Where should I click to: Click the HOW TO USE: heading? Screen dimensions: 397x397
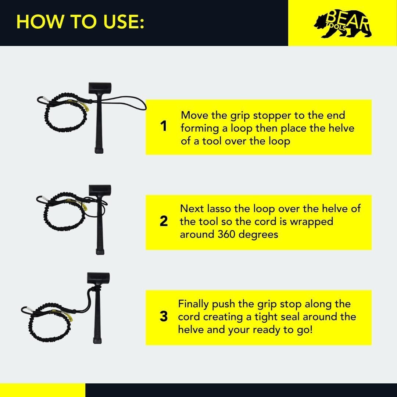click(80, 22)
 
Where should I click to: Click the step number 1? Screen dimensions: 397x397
click(164, 127)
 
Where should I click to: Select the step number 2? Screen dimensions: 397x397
click(164, 222)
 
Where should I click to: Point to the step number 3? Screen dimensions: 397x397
click(164, 317)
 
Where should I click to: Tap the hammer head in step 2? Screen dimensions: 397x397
click(99, 191)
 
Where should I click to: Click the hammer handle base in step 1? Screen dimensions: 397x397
click(99, 150)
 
